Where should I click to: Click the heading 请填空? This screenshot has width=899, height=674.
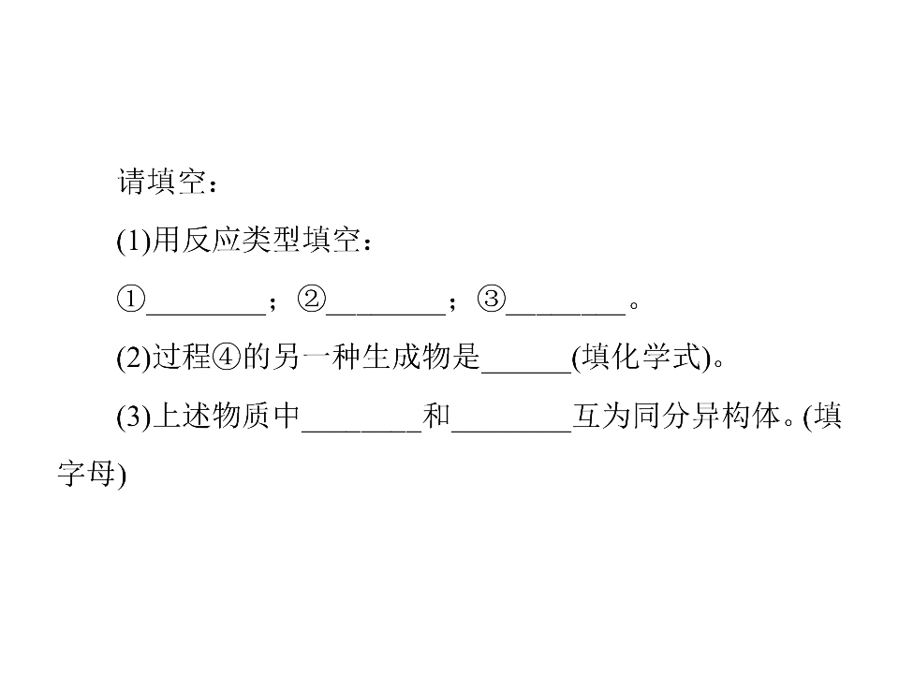161,183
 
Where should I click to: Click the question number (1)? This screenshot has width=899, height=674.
134,241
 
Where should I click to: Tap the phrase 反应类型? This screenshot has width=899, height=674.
241,241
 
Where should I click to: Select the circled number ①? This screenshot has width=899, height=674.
131,300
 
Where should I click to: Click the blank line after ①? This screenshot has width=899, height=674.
206,315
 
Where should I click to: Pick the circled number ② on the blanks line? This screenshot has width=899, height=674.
311,300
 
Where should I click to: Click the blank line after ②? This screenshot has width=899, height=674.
386,315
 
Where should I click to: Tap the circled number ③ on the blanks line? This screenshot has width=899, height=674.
492,300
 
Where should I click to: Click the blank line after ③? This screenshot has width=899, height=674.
566,315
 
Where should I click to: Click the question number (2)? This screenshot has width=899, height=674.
134,358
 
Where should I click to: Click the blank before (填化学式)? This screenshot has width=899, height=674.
526,373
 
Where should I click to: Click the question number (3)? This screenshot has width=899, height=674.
134,416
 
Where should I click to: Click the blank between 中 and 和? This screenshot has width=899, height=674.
361,431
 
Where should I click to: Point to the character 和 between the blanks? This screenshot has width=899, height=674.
436,416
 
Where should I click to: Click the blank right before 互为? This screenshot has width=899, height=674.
511,431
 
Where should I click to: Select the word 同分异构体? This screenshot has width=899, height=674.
706,416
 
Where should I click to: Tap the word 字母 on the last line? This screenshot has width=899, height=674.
86,475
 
